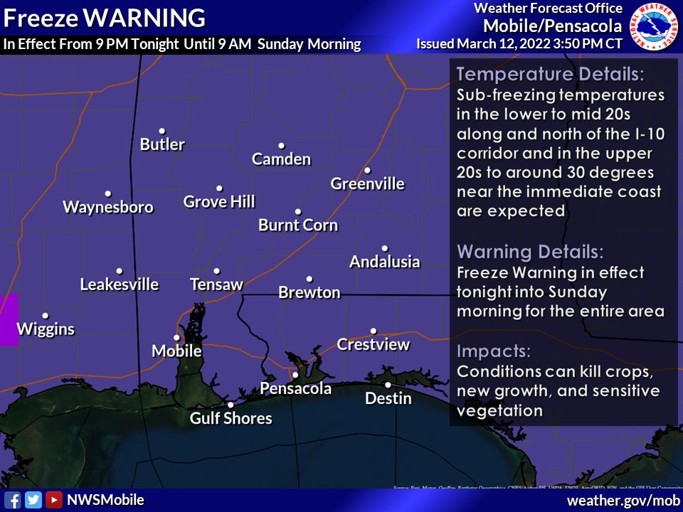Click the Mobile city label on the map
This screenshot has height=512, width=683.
point(176,351)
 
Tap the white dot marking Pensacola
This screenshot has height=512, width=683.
point(295,375)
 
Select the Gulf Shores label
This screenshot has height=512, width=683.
point(231,418)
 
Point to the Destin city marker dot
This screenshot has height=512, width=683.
point(388,385)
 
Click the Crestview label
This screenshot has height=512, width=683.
point(373,345)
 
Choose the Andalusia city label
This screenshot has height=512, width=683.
point(384,262)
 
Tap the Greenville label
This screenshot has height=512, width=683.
point(367,184)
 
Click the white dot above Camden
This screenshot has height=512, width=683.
point(281,146)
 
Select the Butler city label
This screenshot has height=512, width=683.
point(162,144)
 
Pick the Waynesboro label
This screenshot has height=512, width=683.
point(108,207)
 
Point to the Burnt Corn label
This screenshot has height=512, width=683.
point(297,225)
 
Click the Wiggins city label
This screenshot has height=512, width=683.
point(45,329)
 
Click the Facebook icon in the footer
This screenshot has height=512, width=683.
point(12,500)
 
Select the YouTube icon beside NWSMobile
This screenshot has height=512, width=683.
point(53,500)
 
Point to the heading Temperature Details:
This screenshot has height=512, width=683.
point(550,75)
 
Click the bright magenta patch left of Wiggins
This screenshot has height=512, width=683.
point(8,319)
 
